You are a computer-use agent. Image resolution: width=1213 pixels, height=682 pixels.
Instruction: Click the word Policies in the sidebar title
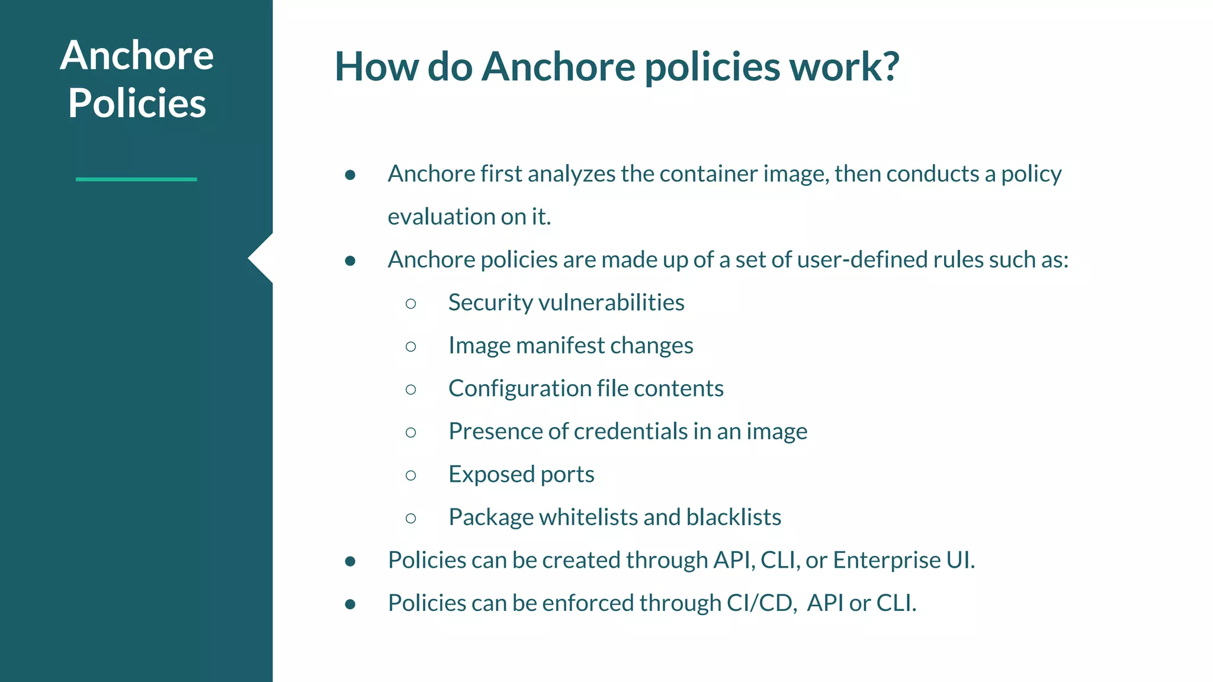click(137, 103)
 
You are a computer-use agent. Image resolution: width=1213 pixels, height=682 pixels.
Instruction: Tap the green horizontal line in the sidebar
click(136, 179)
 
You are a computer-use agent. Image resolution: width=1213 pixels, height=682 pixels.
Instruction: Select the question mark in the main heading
click(888, 66)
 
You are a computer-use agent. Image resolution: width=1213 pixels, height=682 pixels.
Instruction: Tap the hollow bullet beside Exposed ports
click(411, 475)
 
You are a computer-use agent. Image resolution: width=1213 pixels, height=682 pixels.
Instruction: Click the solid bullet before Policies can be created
click(350, 561)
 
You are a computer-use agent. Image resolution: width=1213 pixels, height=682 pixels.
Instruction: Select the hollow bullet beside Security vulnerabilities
click(411, 304)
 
